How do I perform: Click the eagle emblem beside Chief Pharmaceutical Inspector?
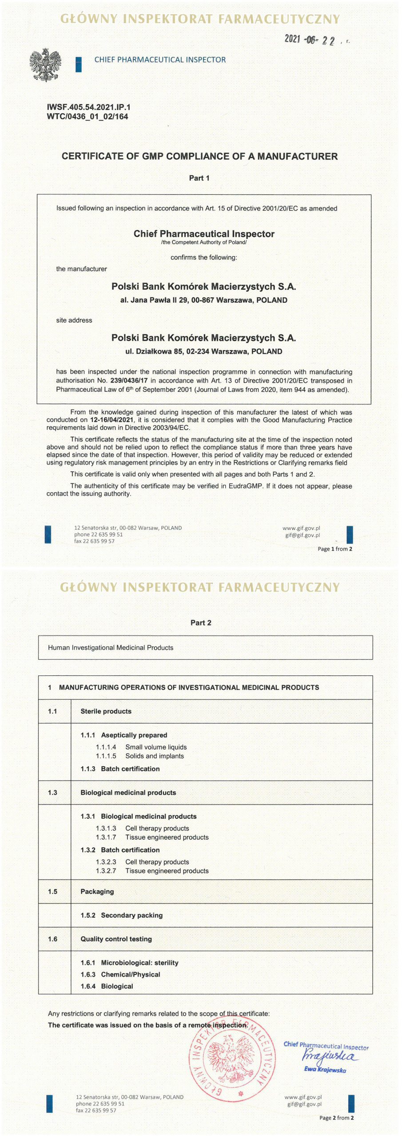[45, 65]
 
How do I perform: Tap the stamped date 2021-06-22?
[310, 40]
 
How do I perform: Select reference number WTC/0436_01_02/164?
[88, 117]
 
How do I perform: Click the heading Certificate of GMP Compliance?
[199, 156]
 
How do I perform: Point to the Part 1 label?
[199, 178]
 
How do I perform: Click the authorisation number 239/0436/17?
[129, 381]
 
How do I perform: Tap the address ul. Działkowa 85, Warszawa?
[204, 351]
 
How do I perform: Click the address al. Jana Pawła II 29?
[204, 300]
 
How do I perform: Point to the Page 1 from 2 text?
[335, 549]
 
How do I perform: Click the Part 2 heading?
[201, 623]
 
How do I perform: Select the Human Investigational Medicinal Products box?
[205, 647]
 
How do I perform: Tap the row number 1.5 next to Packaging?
[52, 891]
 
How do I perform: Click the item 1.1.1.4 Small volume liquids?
[141, 747]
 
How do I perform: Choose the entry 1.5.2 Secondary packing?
[122, 915]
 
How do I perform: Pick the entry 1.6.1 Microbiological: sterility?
[129, 962]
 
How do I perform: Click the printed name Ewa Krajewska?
[325, 1070]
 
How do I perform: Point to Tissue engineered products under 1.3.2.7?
[167, 871]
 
